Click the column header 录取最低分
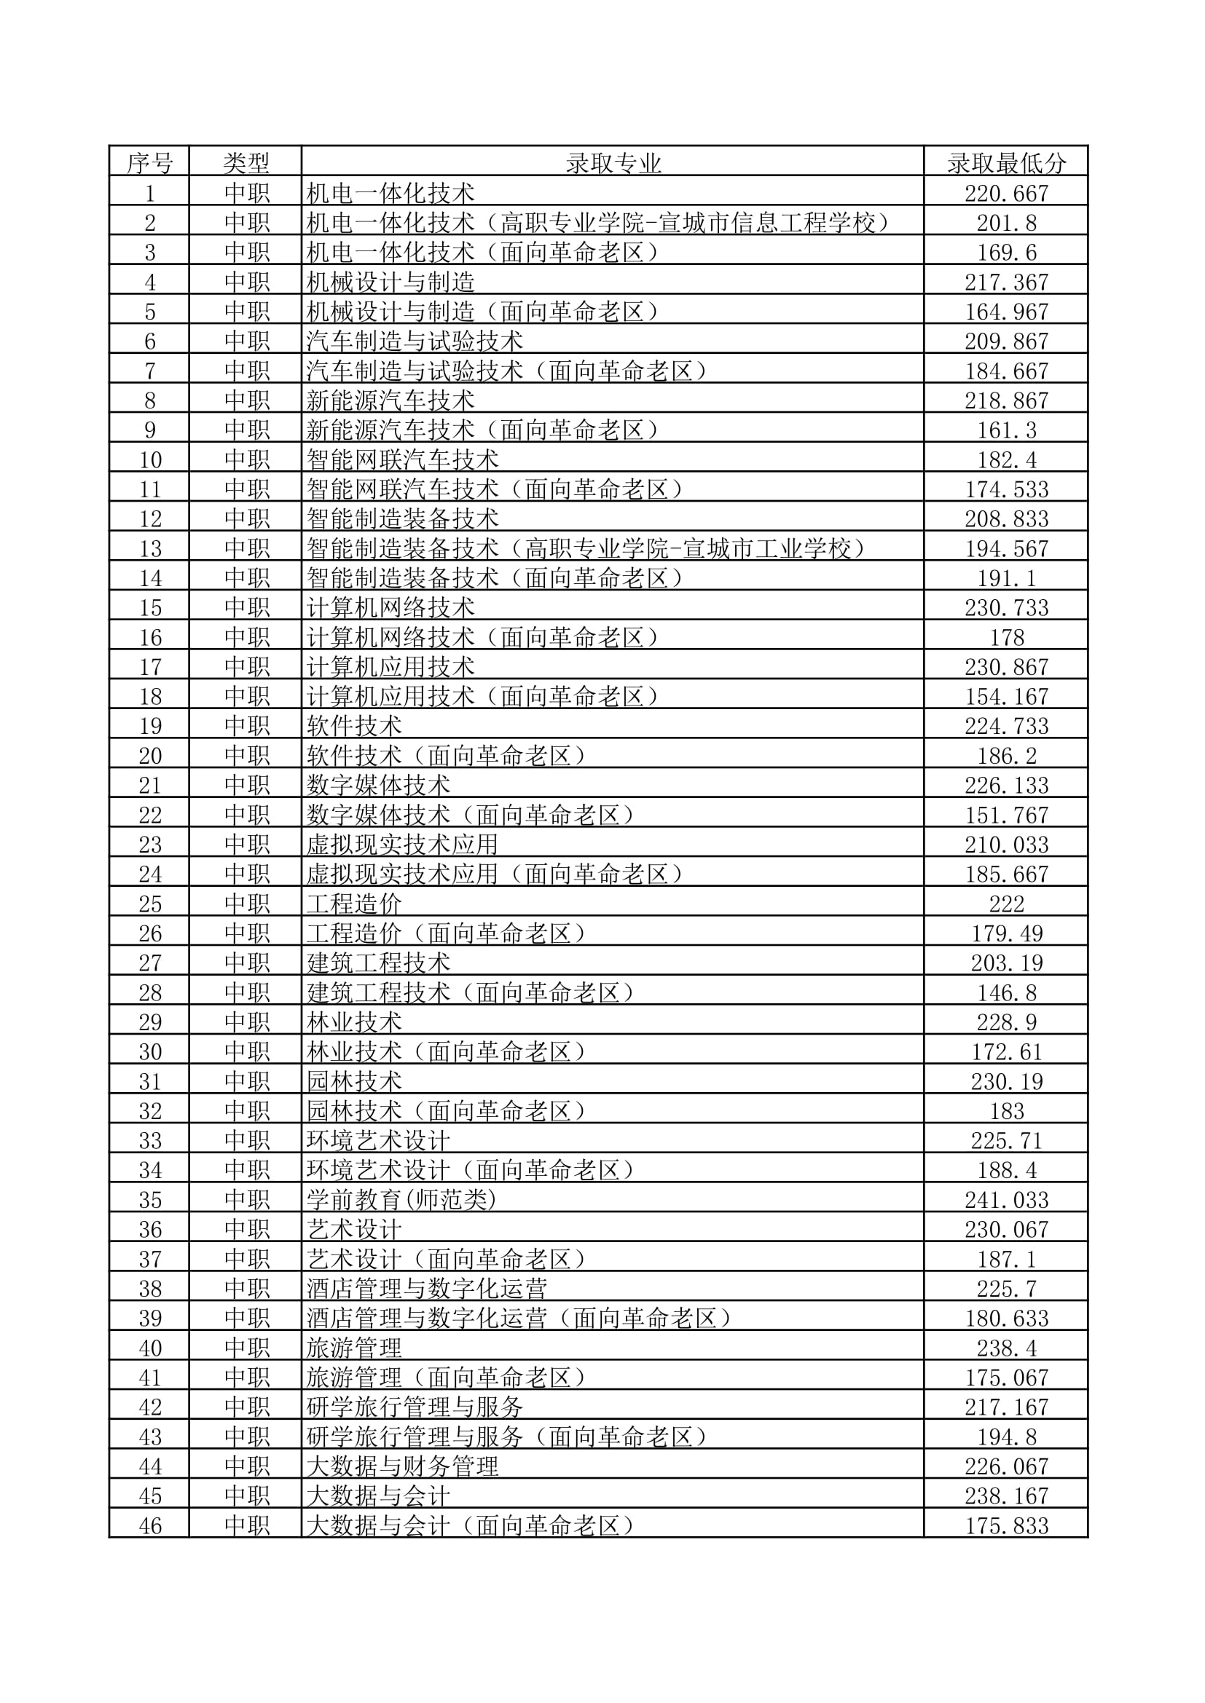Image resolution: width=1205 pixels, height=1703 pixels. (x=1005, y=162)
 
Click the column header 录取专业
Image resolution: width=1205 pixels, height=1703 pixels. (x=612, y=162)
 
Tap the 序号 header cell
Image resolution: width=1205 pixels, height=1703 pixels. (x=149, y=162)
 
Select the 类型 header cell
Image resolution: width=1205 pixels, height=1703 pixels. (x=246, y=162)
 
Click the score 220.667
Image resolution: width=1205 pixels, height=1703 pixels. (x=1005, y=193)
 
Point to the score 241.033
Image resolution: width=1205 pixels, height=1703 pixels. (x=1005, y=1199)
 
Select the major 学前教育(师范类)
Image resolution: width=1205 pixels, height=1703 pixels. (x=401, y=1199)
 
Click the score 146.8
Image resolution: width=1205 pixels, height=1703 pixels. (x=1005, y=992)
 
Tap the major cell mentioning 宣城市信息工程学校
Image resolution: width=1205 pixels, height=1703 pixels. (x=598, y=223)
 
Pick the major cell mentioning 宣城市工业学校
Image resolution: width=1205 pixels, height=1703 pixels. (x=586, y=548)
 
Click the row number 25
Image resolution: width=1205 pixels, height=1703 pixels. (x=149, y=904)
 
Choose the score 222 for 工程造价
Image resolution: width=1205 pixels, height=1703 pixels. (x=1005, y=904)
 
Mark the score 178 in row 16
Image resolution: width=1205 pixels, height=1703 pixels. (x=1005, y=637)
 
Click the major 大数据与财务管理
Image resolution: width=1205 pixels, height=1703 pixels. (x=402, y=1466)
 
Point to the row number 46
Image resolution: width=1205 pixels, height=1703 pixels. (x=149, y=1525)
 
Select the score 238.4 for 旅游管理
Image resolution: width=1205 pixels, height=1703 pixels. (x=1005, y=1348)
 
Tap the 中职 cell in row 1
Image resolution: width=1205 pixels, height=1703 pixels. (x=246, y=193)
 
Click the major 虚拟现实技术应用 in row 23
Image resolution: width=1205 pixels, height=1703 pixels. (x=402, y=844)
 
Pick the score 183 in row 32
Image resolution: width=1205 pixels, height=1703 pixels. (x=1005, y=1110)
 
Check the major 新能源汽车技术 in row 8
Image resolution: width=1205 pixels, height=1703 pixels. (x=390, y=400)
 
